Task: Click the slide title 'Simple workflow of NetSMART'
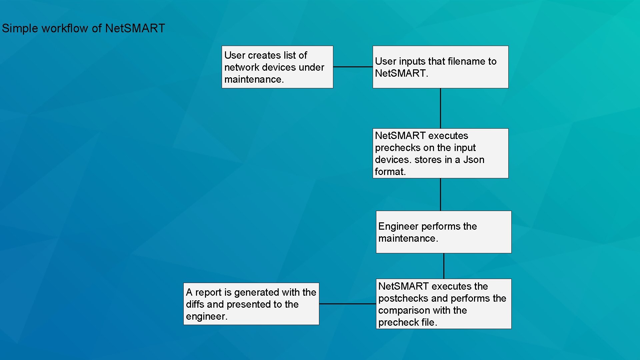tap(83, 28)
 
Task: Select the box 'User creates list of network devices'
tap(277, 67)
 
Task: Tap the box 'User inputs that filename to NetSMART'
tap(440, 67)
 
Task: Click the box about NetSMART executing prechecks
tap(440, 153)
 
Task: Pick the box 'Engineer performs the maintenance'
tap(443, 232)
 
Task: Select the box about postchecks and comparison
tap(443, 304)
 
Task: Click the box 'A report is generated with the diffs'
tap(251, 304)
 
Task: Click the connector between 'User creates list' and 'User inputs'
tap(353, 67)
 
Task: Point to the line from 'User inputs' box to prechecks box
tap(440, 108)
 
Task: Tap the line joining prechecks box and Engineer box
tap(440, 194)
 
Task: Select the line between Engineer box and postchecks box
tap(444, 266)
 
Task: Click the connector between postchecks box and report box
tap(347, 304)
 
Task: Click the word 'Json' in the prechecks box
tap(473, 160)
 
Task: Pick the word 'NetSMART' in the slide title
tap(135, 28)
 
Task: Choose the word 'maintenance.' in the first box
tap(254, 79)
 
